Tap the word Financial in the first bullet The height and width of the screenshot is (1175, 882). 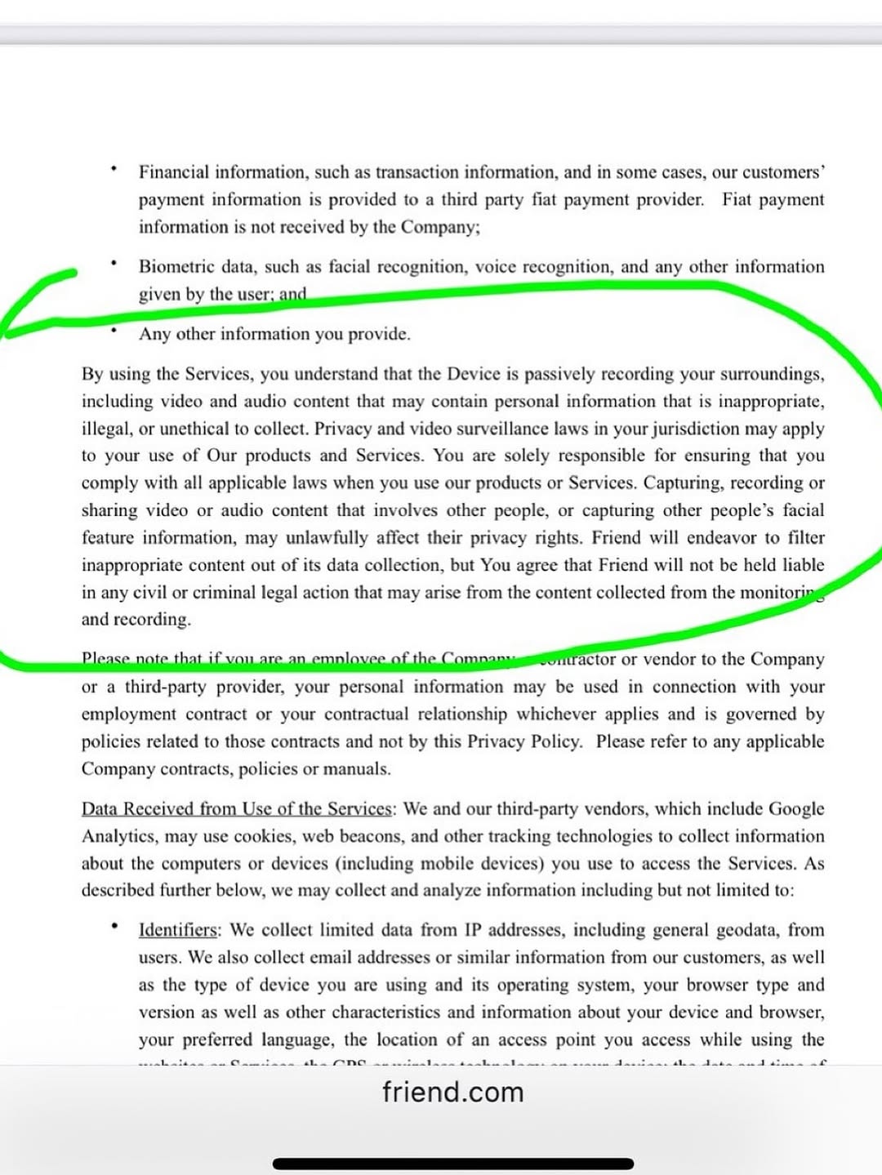coord(173,172)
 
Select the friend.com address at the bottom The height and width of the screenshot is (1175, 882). coord(452,1092)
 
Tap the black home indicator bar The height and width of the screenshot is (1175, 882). coord(452,1164)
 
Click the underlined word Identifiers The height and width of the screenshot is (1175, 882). coord(178,930)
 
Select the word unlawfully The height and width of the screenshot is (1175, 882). coord(327,537)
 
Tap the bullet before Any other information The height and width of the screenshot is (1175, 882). coord(114,332)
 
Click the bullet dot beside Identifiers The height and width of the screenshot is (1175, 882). coord(114,926)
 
